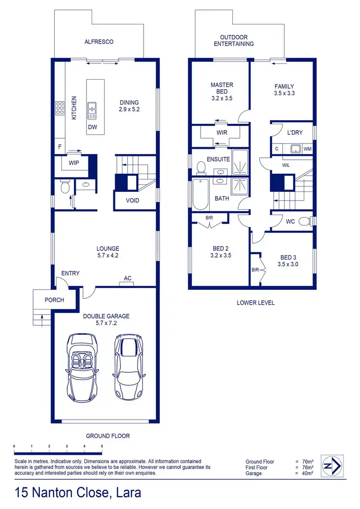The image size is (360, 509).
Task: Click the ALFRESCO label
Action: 99,42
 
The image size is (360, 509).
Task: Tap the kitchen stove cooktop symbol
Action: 60,108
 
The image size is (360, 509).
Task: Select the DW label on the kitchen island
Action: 93,127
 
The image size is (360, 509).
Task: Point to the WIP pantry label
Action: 73,163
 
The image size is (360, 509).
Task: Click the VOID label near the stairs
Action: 132,200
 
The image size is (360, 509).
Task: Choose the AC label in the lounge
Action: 128,278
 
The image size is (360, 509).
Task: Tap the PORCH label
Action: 54,300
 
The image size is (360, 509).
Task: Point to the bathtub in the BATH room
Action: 201,194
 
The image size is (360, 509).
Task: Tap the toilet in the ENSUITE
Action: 202,167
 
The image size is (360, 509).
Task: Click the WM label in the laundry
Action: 308,149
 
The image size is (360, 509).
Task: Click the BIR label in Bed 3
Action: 255,270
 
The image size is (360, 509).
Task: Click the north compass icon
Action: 332,465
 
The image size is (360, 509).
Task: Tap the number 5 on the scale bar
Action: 102,446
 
